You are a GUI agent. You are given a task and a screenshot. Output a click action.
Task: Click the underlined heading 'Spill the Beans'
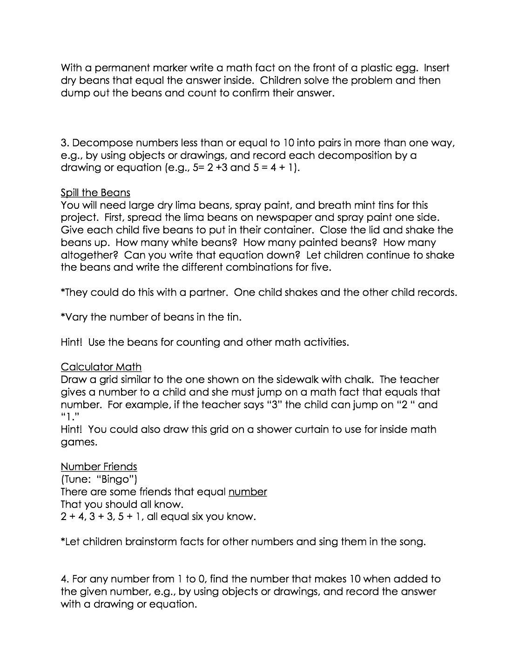pyautogui.click(x=95, y=192)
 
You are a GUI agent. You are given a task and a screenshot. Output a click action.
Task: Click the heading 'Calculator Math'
pyautogui.click(x=101, y=367)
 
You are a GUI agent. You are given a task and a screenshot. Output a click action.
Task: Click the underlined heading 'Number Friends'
pyautogui.click(x=99, y=467)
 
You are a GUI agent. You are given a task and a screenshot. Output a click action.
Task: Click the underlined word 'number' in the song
pyautogui.click(x=248, y=492)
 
